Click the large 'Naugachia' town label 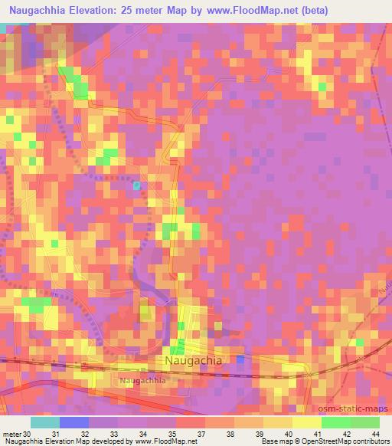click(x=193, y=359)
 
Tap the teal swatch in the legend click(x=44, y=422)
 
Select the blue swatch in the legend click(x=73, y=422)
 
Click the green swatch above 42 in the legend click(x=336, y=422)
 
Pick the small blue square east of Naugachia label click(x=240, y=359)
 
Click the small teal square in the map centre click(x=136, y=185)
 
